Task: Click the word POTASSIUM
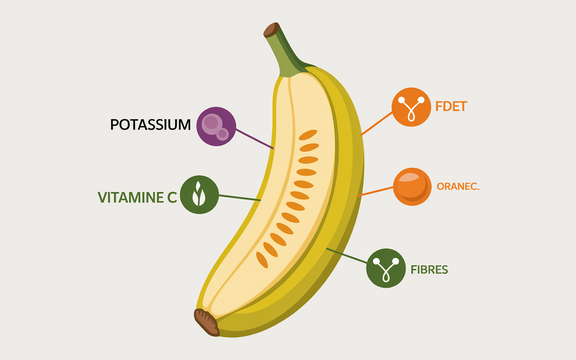click(150, 125)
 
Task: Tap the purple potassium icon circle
click(216, 126)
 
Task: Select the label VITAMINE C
click(137, 197)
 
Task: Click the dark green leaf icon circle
click(199, 195)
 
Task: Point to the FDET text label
click(451, 107)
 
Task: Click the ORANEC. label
click(458, 187)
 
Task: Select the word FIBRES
click(429, 270)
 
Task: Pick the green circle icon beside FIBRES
click(386, 269)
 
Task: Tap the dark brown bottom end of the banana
click(207, 322)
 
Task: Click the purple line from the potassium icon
click(255, 139)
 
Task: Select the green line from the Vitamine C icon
click(239, 197)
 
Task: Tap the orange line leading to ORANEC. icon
click(376, 191)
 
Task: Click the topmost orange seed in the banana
click(308, 135)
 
